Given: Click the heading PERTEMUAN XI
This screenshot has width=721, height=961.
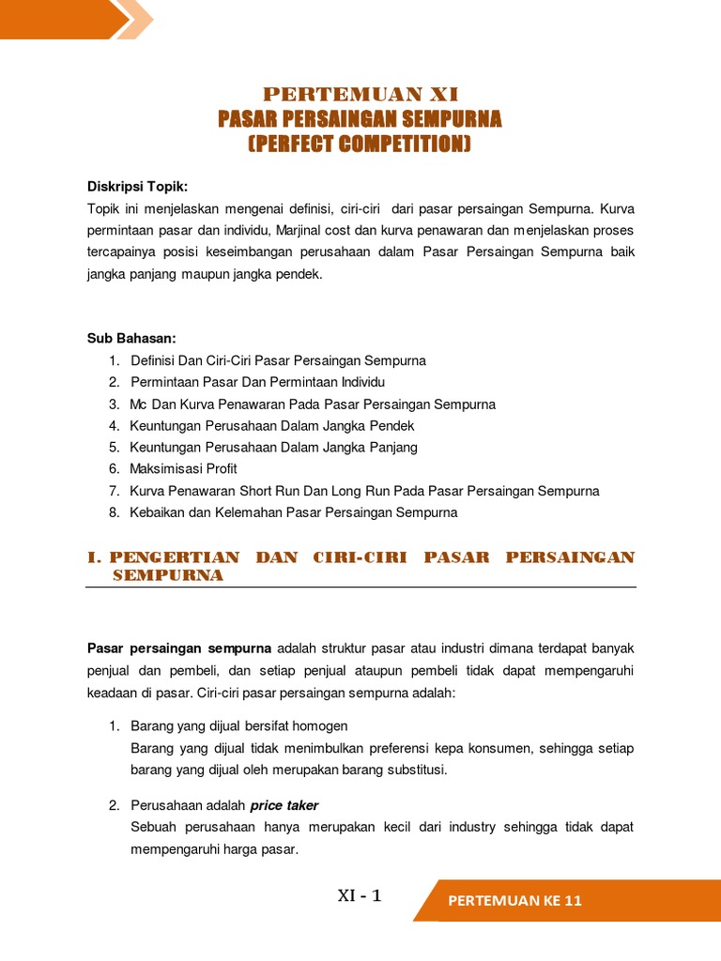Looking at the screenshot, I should coord(360,94).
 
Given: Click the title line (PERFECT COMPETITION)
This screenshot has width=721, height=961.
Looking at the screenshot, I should coord(360,145).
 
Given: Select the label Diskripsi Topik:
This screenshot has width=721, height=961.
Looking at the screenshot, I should coord(138,186).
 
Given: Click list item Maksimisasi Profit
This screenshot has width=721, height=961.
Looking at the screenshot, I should coord(183,468).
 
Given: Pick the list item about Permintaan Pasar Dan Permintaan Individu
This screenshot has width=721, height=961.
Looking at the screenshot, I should coord(257,382).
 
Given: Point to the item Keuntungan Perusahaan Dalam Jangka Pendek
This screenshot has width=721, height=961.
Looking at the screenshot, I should coord(272,425).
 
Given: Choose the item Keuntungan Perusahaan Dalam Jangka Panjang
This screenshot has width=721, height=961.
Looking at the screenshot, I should coord(273,447).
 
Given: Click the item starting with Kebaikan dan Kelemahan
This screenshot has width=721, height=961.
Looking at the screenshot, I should coord(293,512).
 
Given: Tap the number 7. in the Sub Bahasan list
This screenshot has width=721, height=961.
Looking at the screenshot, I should coord(114,491).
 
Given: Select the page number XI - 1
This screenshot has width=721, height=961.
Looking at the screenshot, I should coord(360,896).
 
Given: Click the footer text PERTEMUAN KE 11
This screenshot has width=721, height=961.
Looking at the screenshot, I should coord(515,901).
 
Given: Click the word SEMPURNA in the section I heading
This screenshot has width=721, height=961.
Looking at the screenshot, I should coord(168,575).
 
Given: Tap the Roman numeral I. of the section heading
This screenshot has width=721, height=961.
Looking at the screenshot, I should coord(94,557).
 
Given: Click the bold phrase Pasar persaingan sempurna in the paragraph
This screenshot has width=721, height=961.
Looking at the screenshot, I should coord(179,648).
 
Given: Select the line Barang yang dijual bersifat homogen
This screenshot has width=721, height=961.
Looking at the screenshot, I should coord(238,725).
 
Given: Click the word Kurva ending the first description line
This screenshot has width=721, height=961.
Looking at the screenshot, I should coord(617,207).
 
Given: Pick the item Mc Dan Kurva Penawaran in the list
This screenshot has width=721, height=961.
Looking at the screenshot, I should coord(313,404).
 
